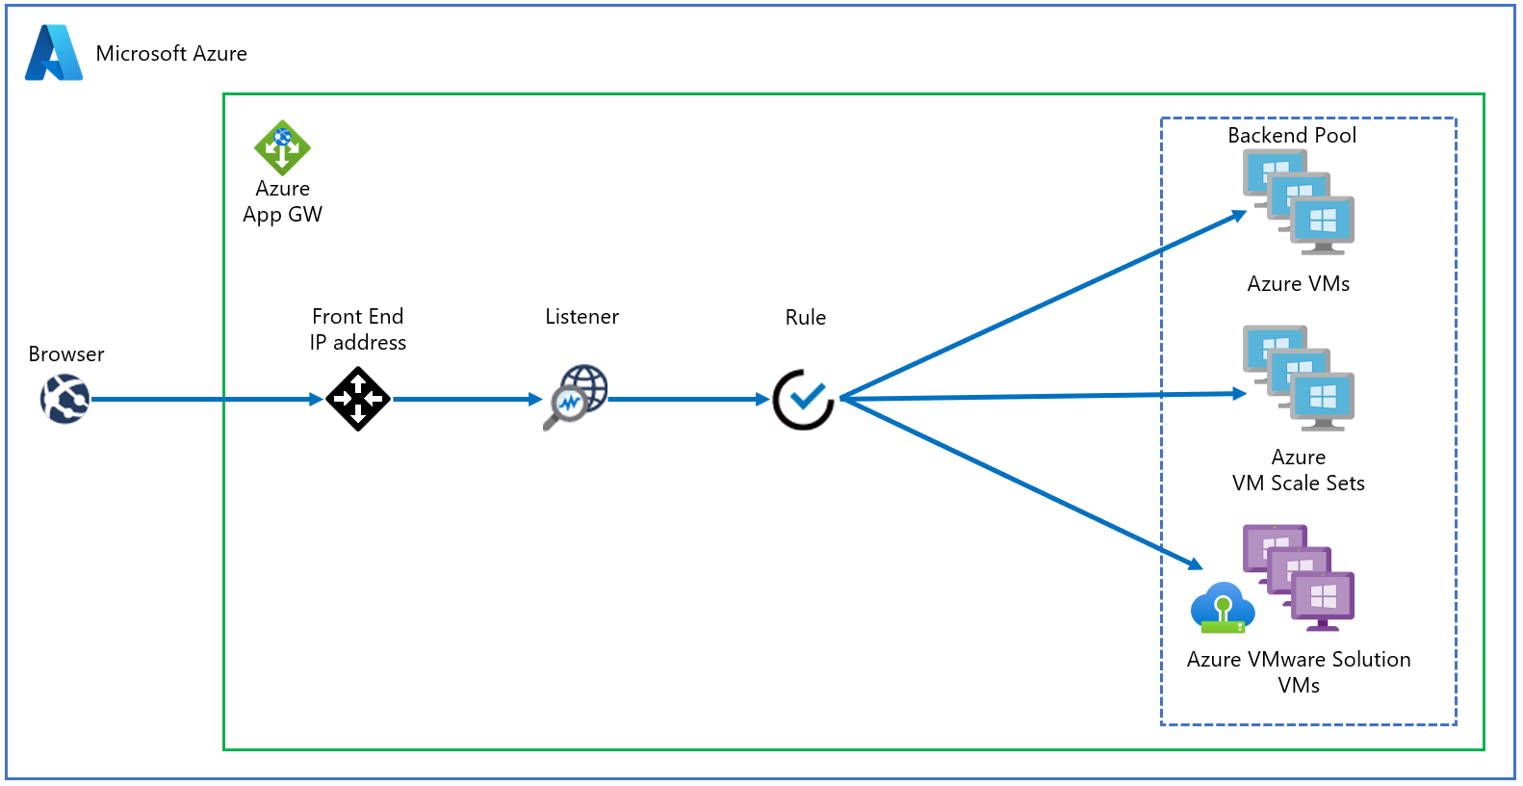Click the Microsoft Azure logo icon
(x=53, y=53)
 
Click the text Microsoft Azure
(x=171, y=54)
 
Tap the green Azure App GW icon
(x=282, y=147)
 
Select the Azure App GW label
(x=282, y=201)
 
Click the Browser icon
(x=65, y=399)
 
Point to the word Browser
(x=66, y=354)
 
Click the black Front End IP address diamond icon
(x=358, y=399)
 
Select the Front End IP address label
(x=358, y=329)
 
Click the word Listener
(x=581, y=317)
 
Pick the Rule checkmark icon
(x=804, y=399)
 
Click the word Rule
(x=806, y=318)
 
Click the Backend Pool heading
(x=1292, y=136)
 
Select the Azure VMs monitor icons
(x=1299, y=202)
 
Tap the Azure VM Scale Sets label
(x=1299, y=470)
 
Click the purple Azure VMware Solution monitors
(x=1299, y=577)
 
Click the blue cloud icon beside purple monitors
(x=1222, y=608)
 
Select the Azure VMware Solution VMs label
(x=1299, y=672)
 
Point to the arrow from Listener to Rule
(x=688, y=399)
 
